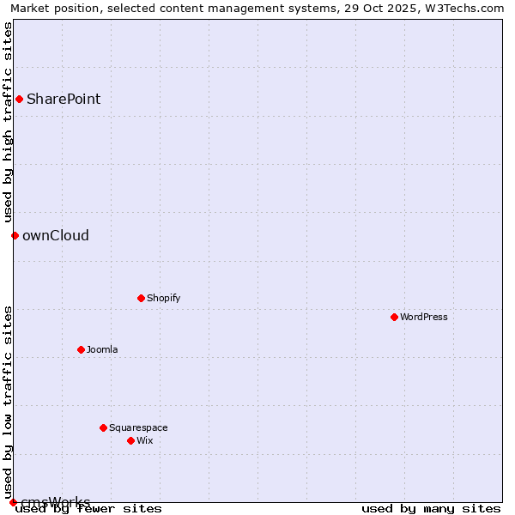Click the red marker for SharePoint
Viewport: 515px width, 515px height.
19,99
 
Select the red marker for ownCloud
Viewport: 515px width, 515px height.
15,235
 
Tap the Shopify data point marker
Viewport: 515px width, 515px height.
141,298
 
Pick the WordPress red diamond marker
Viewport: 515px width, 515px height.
394,317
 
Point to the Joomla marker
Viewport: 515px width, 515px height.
81,349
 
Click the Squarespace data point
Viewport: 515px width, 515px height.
103,427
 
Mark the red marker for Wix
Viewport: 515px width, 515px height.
130,440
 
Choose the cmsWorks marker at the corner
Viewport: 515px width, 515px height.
13,502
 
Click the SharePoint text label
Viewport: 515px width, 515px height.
64,99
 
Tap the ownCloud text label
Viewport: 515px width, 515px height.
56,235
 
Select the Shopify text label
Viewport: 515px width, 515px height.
163,298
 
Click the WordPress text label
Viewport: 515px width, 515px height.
423,317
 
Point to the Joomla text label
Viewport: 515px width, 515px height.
102,349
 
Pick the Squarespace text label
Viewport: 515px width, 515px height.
138,427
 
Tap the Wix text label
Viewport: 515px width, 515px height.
144,440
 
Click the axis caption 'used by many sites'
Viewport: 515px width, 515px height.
431,508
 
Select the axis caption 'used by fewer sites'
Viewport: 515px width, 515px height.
88,508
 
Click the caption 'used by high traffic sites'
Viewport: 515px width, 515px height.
8,122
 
